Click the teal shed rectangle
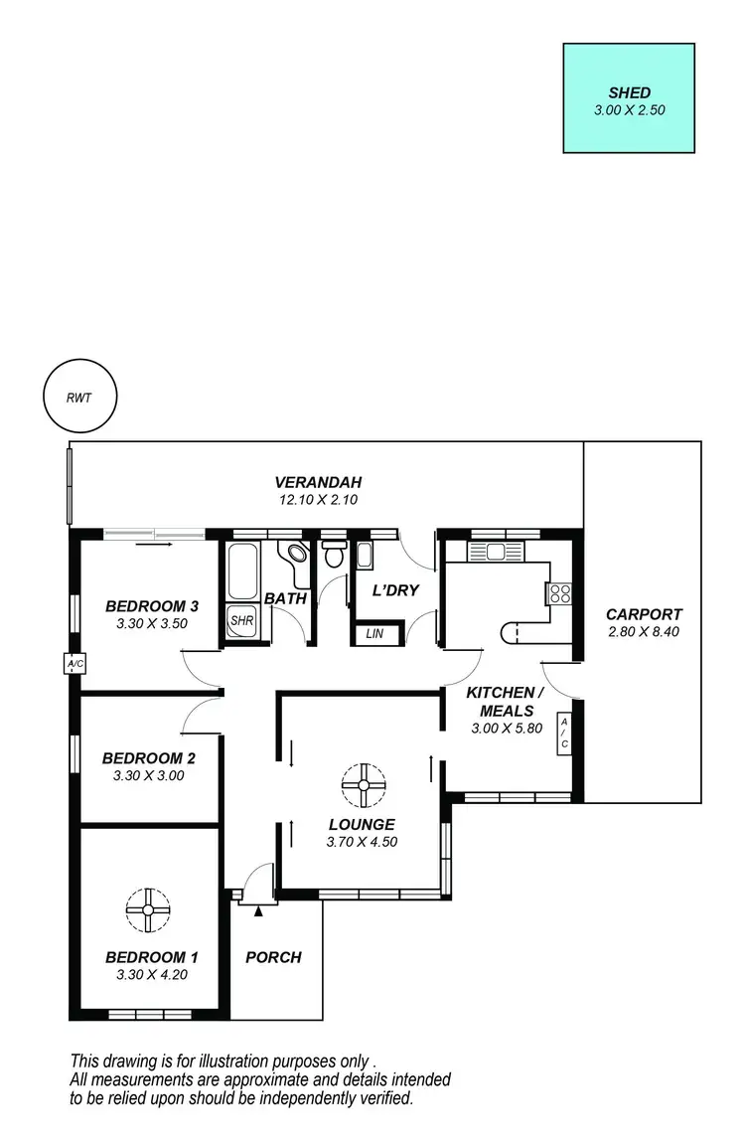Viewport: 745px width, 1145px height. [x=629, y=97]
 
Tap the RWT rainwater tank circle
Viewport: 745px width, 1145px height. [x=79, y=398]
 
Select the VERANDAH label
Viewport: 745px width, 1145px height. [x=317, y=484]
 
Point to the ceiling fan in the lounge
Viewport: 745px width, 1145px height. [x=363, y=784]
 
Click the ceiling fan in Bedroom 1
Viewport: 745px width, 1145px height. [x=148, y=909]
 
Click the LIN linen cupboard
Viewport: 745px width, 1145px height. [x=374, y=633]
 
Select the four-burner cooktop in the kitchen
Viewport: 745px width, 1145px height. [x=559, y=593]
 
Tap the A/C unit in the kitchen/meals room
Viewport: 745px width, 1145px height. [x=563, y=735]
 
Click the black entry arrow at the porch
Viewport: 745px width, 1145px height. [x=259, y=908]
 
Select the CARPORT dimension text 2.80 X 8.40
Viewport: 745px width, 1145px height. [x=643, y=632]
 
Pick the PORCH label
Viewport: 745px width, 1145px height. [x=273, y=957]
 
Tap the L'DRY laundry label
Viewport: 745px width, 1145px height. [x=395, y=590]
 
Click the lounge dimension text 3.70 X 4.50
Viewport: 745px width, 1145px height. [x=362, y=842]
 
